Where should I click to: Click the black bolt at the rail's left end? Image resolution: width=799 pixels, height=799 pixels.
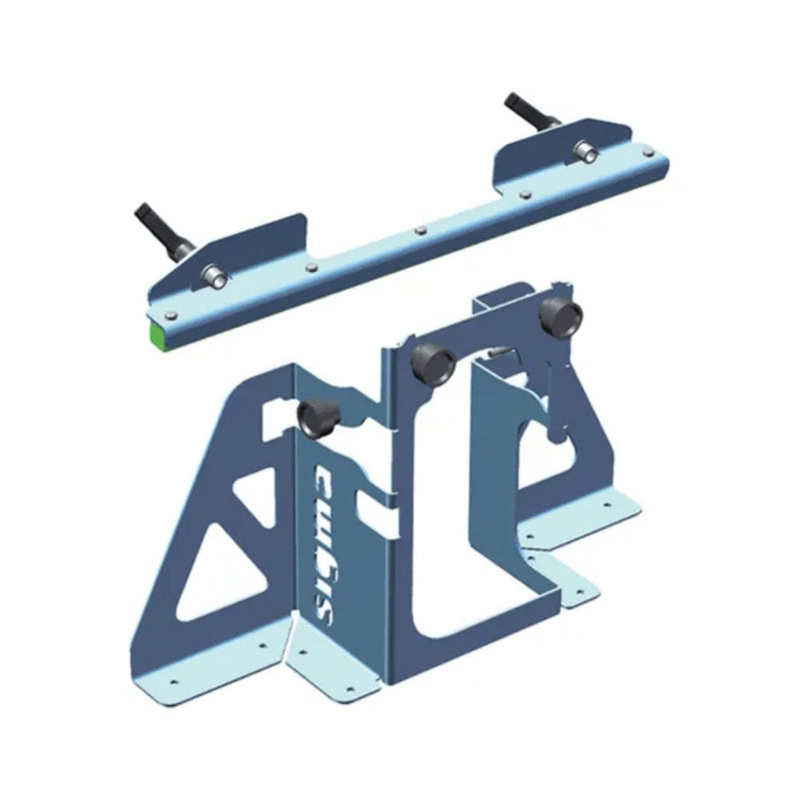pos(156,231)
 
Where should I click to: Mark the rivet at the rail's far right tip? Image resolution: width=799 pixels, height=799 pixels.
pos(652,151)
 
